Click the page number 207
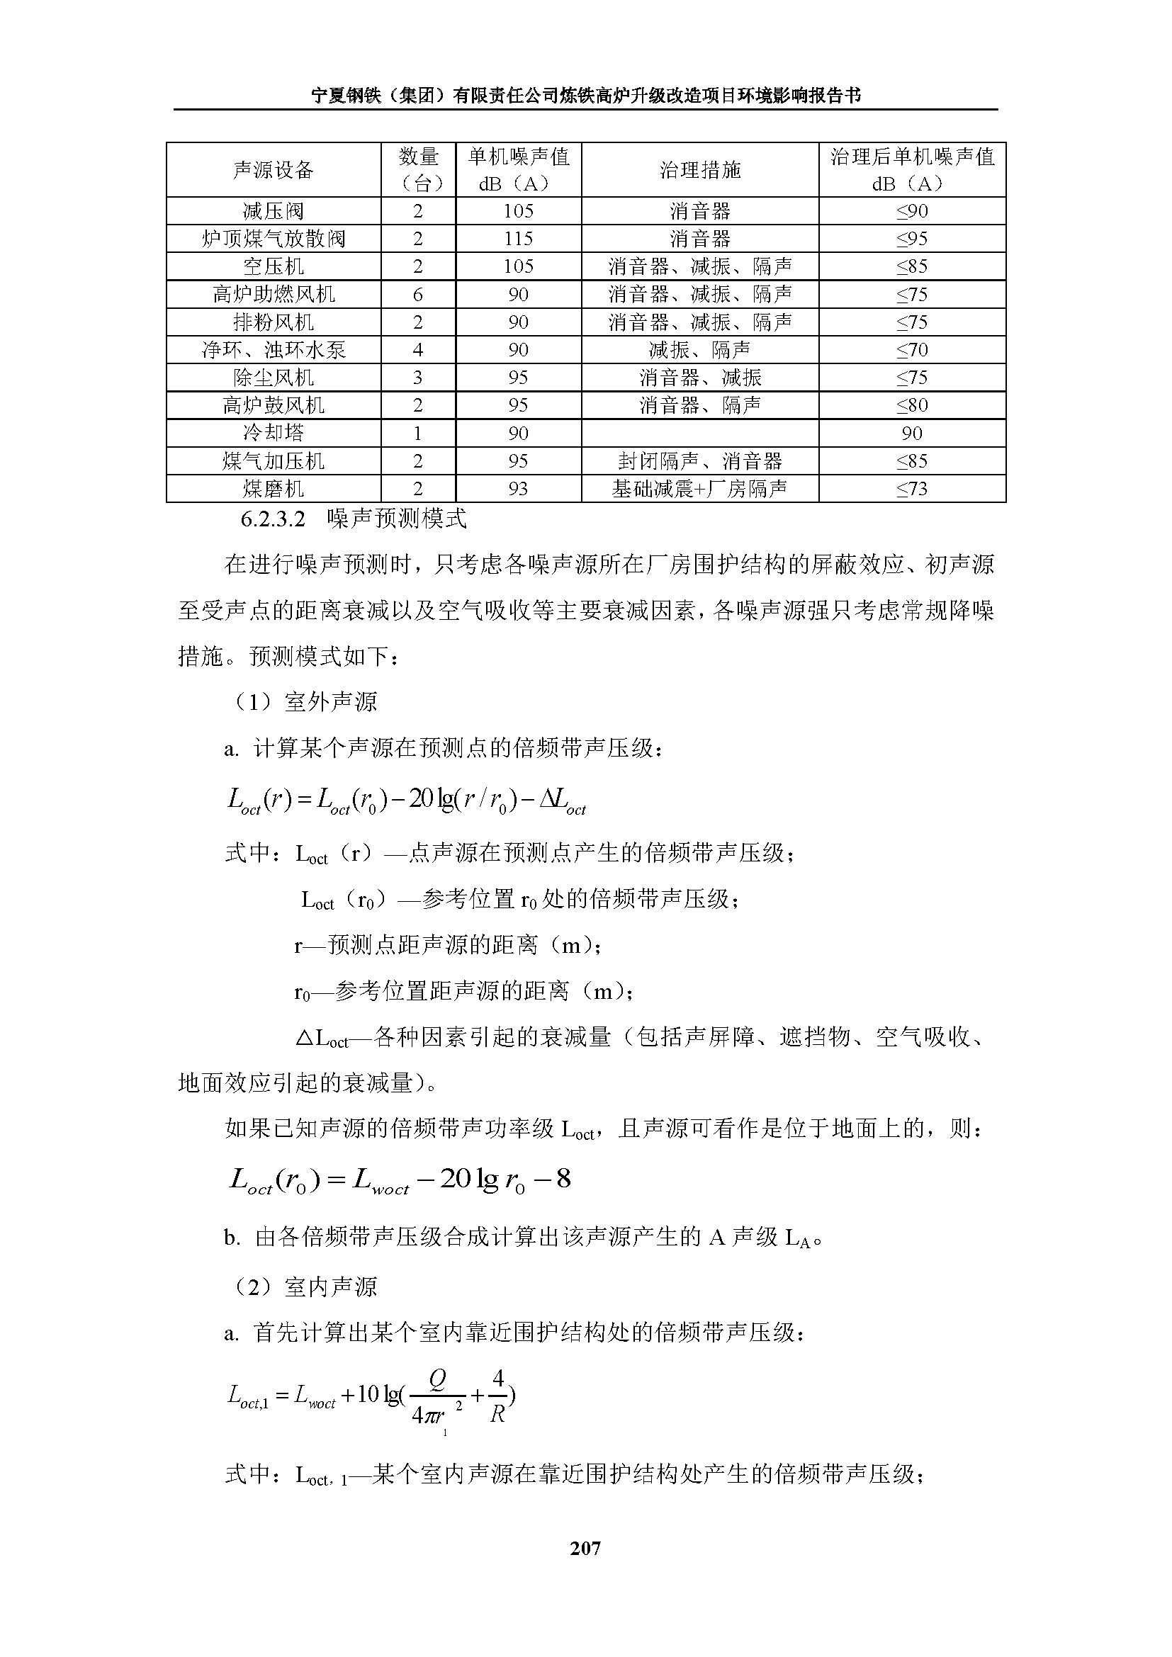[x=585, y=1548]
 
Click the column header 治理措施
[x=699, y=170]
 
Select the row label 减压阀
[x=273, y=211]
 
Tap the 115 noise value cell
[x=518, y=239]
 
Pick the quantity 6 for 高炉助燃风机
[x=417, y=295]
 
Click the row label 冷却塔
[x=273, y=433]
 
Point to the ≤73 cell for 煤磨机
[x=911, y=489]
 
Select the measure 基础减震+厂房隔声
[x=699, y=489]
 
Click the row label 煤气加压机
[x=273, y=461]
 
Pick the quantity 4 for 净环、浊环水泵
[x=417, y=350]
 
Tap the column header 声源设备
[x=273, y=170]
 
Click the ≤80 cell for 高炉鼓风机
[x=911, y=406]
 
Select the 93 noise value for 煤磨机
[x=518, y=489]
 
